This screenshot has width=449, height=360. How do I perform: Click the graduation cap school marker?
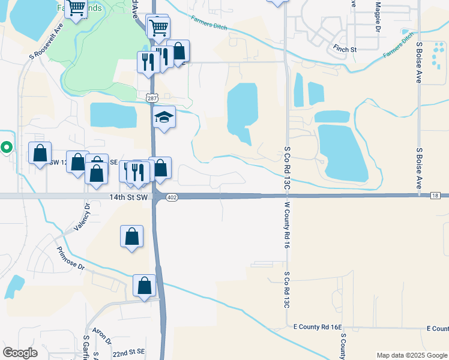tap(164, 117)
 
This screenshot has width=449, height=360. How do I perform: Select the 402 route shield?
tap(172, 197)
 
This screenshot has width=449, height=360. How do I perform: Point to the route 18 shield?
tap(436, 196)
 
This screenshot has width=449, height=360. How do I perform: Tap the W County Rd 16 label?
tap(287, 225)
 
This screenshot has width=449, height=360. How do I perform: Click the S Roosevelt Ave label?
tap(47, 42)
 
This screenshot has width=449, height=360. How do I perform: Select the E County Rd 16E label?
tap(317, 327)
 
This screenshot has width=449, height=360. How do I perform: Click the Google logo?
tap(20, 352)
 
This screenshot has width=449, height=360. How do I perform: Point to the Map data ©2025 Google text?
tap(411, 355)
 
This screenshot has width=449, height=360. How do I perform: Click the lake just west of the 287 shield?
tap(113, 115)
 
